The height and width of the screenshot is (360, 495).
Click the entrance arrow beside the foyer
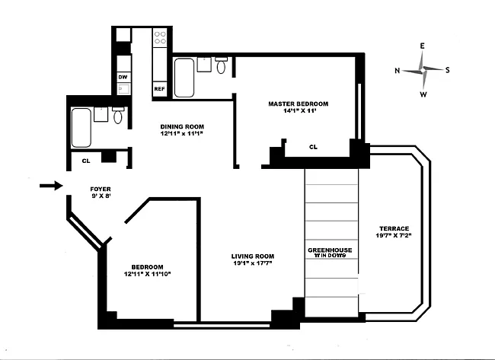(x=51, y=186)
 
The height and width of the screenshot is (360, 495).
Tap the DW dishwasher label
(x=123, y=77)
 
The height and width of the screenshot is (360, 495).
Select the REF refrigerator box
(x=159, y=89)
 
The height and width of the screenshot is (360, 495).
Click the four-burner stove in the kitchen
(x=160, y=38)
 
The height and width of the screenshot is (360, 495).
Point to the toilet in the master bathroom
(x=221, y=65)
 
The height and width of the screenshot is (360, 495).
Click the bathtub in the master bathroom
(x=184, y=78)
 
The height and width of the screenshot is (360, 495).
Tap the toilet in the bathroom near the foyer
(x=118, y=115)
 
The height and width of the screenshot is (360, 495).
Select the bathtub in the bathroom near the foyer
(x=81, y=127)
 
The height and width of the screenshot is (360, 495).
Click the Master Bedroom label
(x=299, y=104)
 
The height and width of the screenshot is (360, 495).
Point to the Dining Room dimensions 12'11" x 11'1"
(x=181, y=133)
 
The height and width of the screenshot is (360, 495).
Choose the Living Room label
(x=253, y=256)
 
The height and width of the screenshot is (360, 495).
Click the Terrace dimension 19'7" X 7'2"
(x=394, y=235)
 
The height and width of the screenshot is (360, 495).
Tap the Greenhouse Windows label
(x=330, y=253)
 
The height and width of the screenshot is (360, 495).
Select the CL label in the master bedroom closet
(x=313, y=147)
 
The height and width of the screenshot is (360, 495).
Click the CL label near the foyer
(x=86, y=161)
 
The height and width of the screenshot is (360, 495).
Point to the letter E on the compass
(x=422, y=46)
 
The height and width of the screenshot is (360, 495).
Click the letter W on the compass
(x=423, y=94)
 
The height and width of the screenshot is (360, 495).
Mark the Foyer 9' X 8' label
(x=101, y=193)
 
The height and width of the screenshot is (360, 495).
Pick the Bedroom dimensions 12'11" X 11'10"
(x=148, y=274)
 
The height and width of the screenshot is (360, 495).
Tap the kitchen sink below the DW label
(x=123, y=88)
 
